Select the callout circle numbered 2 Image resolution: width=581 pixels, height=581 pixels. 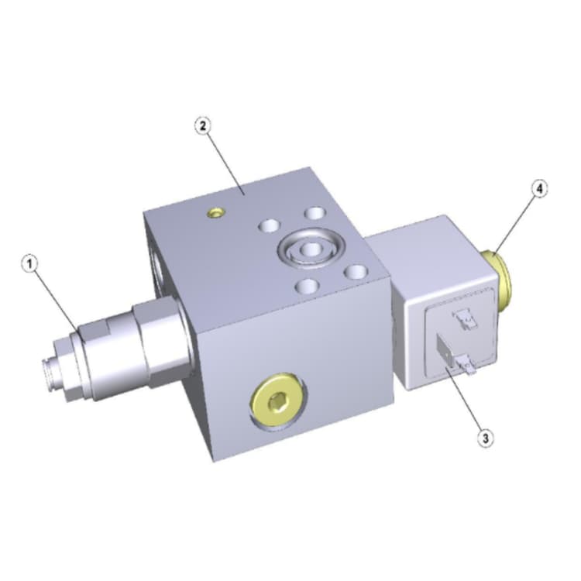[203, 126]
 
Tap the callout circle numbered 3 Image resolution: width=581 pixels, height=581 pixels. [486, 438]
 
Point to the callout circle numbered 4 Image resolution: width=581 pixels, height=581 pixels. [539, 188]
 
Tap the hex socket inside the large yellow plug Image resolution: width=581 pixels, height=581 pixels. [279, 402]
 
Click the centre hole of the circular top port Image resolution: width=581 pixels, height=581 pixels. [311, 250]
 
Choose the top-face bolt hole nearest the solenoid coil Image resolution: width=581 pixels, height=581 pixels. [355, 273]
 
